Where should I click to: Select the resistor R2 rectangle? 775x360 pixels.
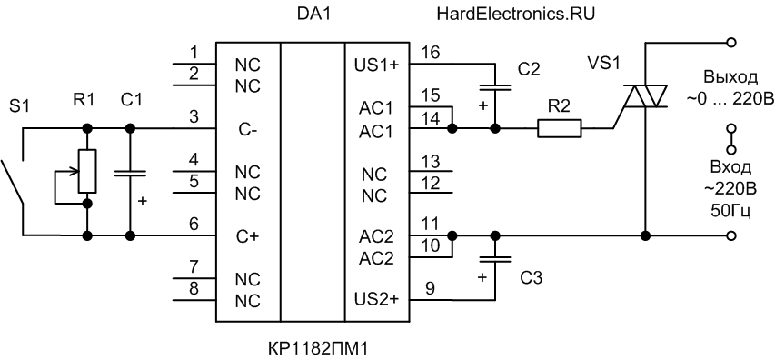point(560,128)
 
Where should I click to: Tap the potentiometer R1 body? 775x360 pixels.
point(87,171)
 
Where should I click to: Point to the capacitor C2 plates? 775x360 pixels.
point(495,87)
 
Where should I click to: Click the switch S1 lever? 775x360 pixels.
point(12,182)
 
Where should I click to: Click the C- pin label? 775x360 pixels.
point(246,131)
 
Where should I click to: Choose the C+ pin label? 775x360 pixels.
point(248,236)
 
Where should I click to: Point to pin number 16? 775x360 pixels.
point(432,53)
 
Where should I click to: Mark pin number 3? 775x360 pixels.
point(194,117)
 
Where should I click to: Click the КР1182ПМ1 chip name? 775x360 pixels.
point(318,347)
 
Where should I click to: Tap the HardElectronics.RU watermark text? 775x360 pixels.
point(516,15)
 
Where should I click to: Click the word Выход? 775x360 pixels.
point(730,78)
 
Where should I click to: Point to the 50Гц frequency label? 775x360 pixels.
point(730,212)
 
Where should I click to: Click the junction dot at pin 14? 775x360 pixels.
point(452,128)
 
